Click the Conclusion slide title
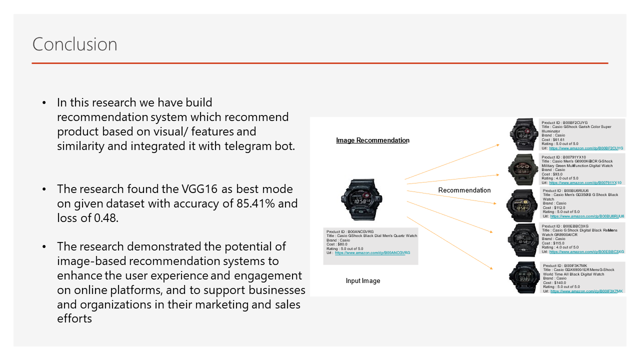[x=74, y=44]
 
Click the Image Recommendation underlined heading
[x=372, y=140]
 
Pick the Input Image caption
[x=363, y=281]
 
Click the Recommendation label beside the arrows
[x=464, y=190]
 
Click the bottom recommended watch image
[x=523, y=277]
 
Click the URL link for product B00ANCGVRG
[x=372, y=253]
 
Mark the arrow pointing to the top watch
[x=452, y=161]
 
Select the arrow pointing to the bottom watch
[x=450, y=243]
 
